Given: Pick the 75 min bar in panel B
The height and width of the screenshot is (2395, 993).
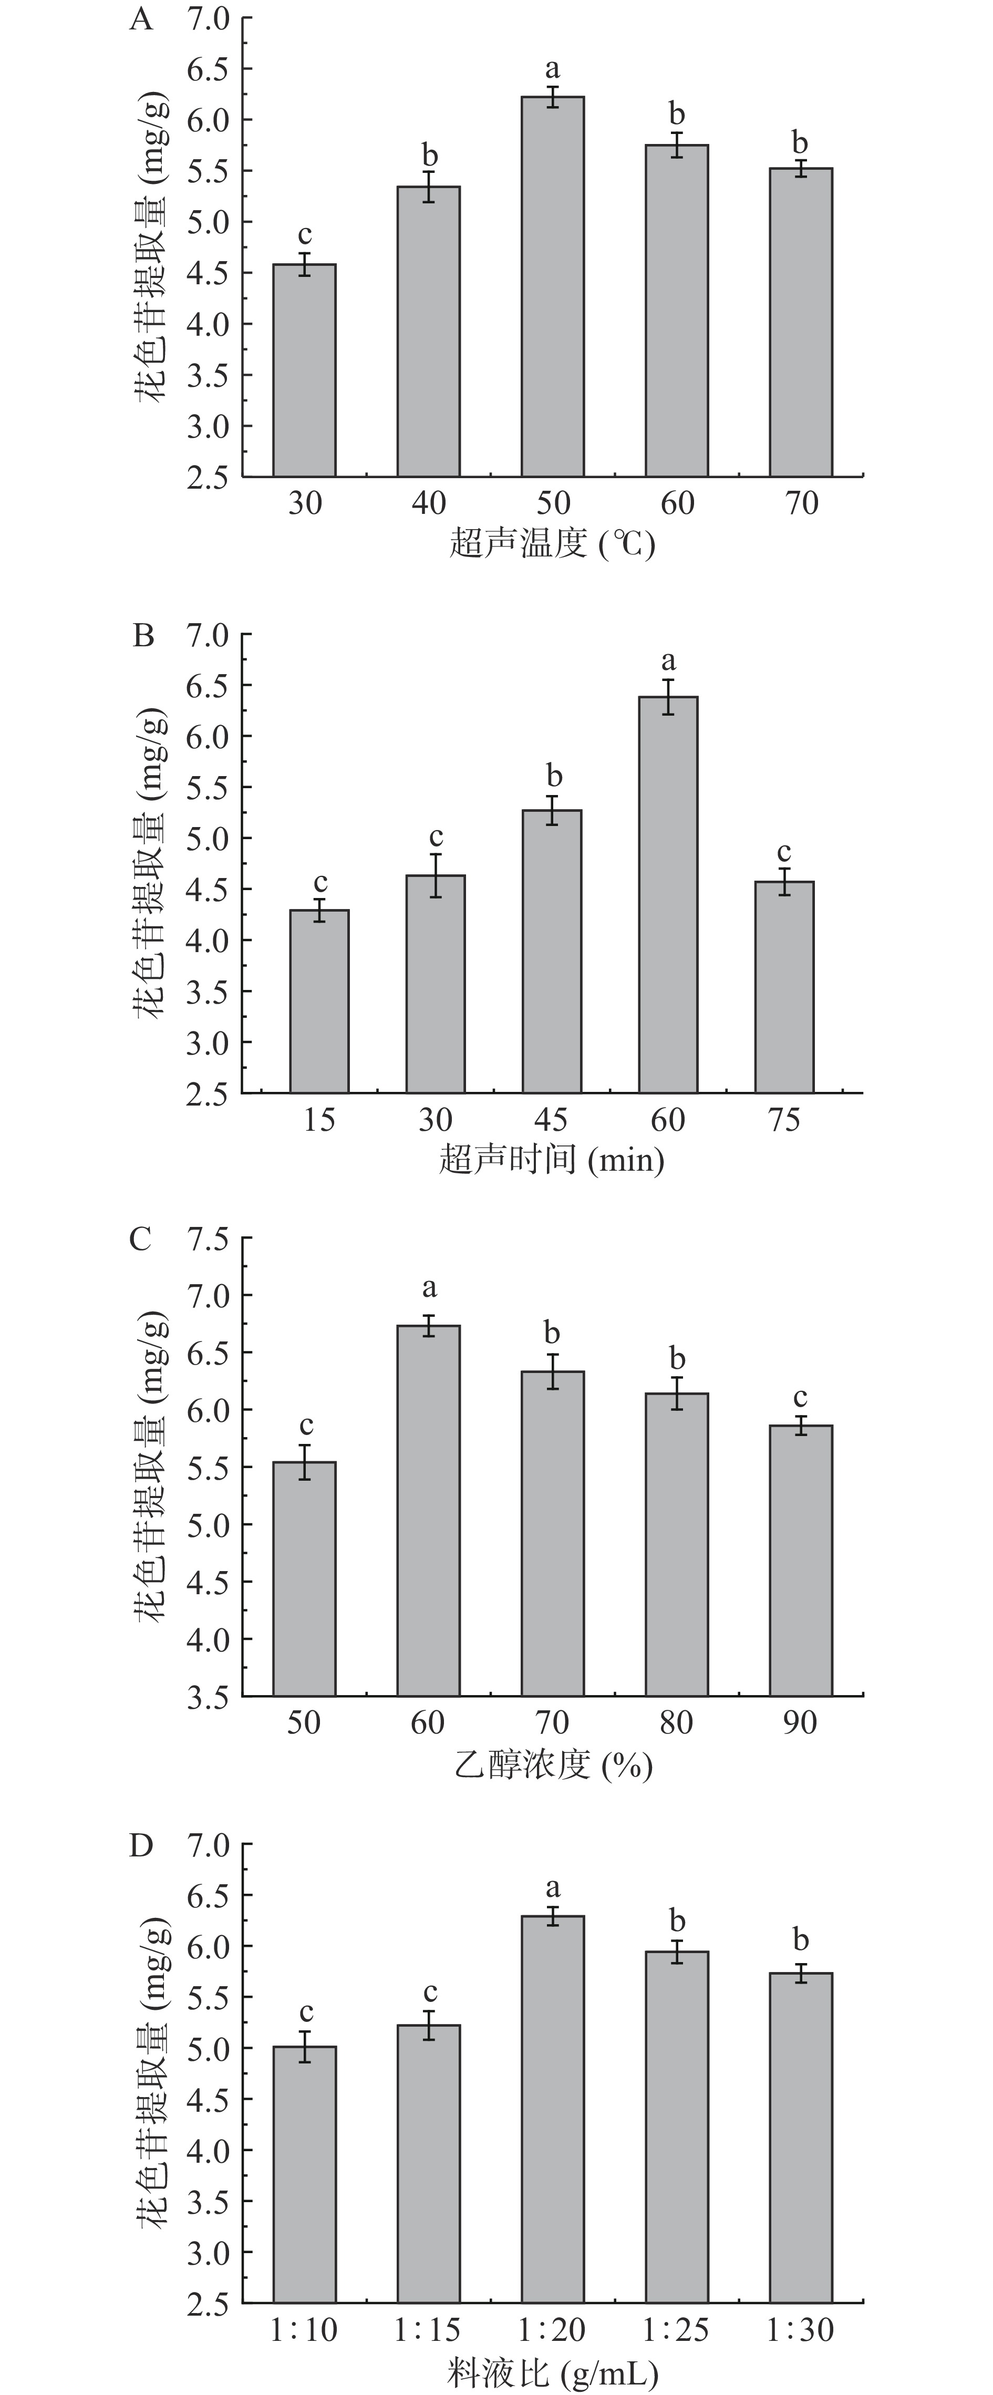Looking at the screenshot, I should point(784,986).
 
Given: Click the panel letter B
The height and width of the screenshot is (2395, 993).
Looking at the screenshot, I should point(143,636).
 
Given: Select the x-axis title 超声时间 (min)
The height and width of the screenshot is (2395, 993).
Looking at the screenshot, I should point(551,1159).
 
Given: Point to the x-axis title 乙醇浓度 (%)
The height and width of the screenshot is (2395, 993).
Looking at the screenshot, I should point(552,1764).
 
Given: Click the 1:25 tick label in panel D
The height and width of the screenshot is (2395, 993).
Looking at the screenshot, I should point(676,2329).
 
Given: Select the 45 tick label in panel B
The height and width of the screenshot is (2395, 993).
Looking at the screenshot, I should point(551,1119).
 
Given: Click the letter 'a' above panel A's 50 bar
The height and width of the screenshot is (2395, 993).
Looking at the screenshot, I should point(552,69).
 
